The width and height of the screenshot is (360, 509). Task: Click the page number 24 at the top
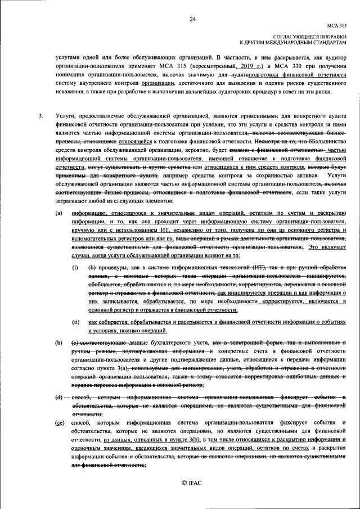pos(192,19)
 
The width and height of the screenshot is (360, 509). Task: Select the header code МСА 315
pos(337,26)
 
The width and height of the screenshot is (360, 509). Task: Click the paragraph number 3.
pos(40,116)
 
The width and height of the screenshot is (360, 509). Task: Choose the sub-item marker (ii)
pos(75,322)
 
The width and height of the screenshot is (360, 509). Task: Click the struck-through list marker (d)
pos(58,398)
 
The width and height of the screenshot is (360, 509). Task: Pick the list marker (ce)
pos(58,422)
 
